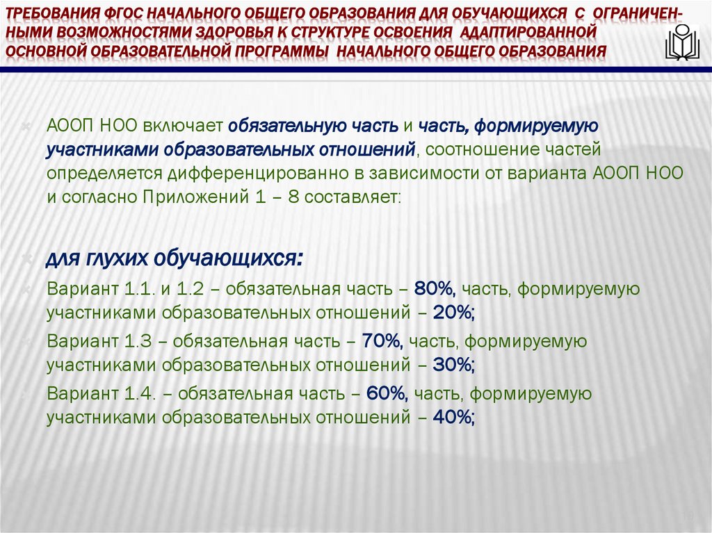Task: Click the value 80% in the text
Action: (434, 288)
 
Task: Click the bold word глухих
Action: (115, 259)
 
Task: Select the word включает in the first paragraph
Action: (184, 126)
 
